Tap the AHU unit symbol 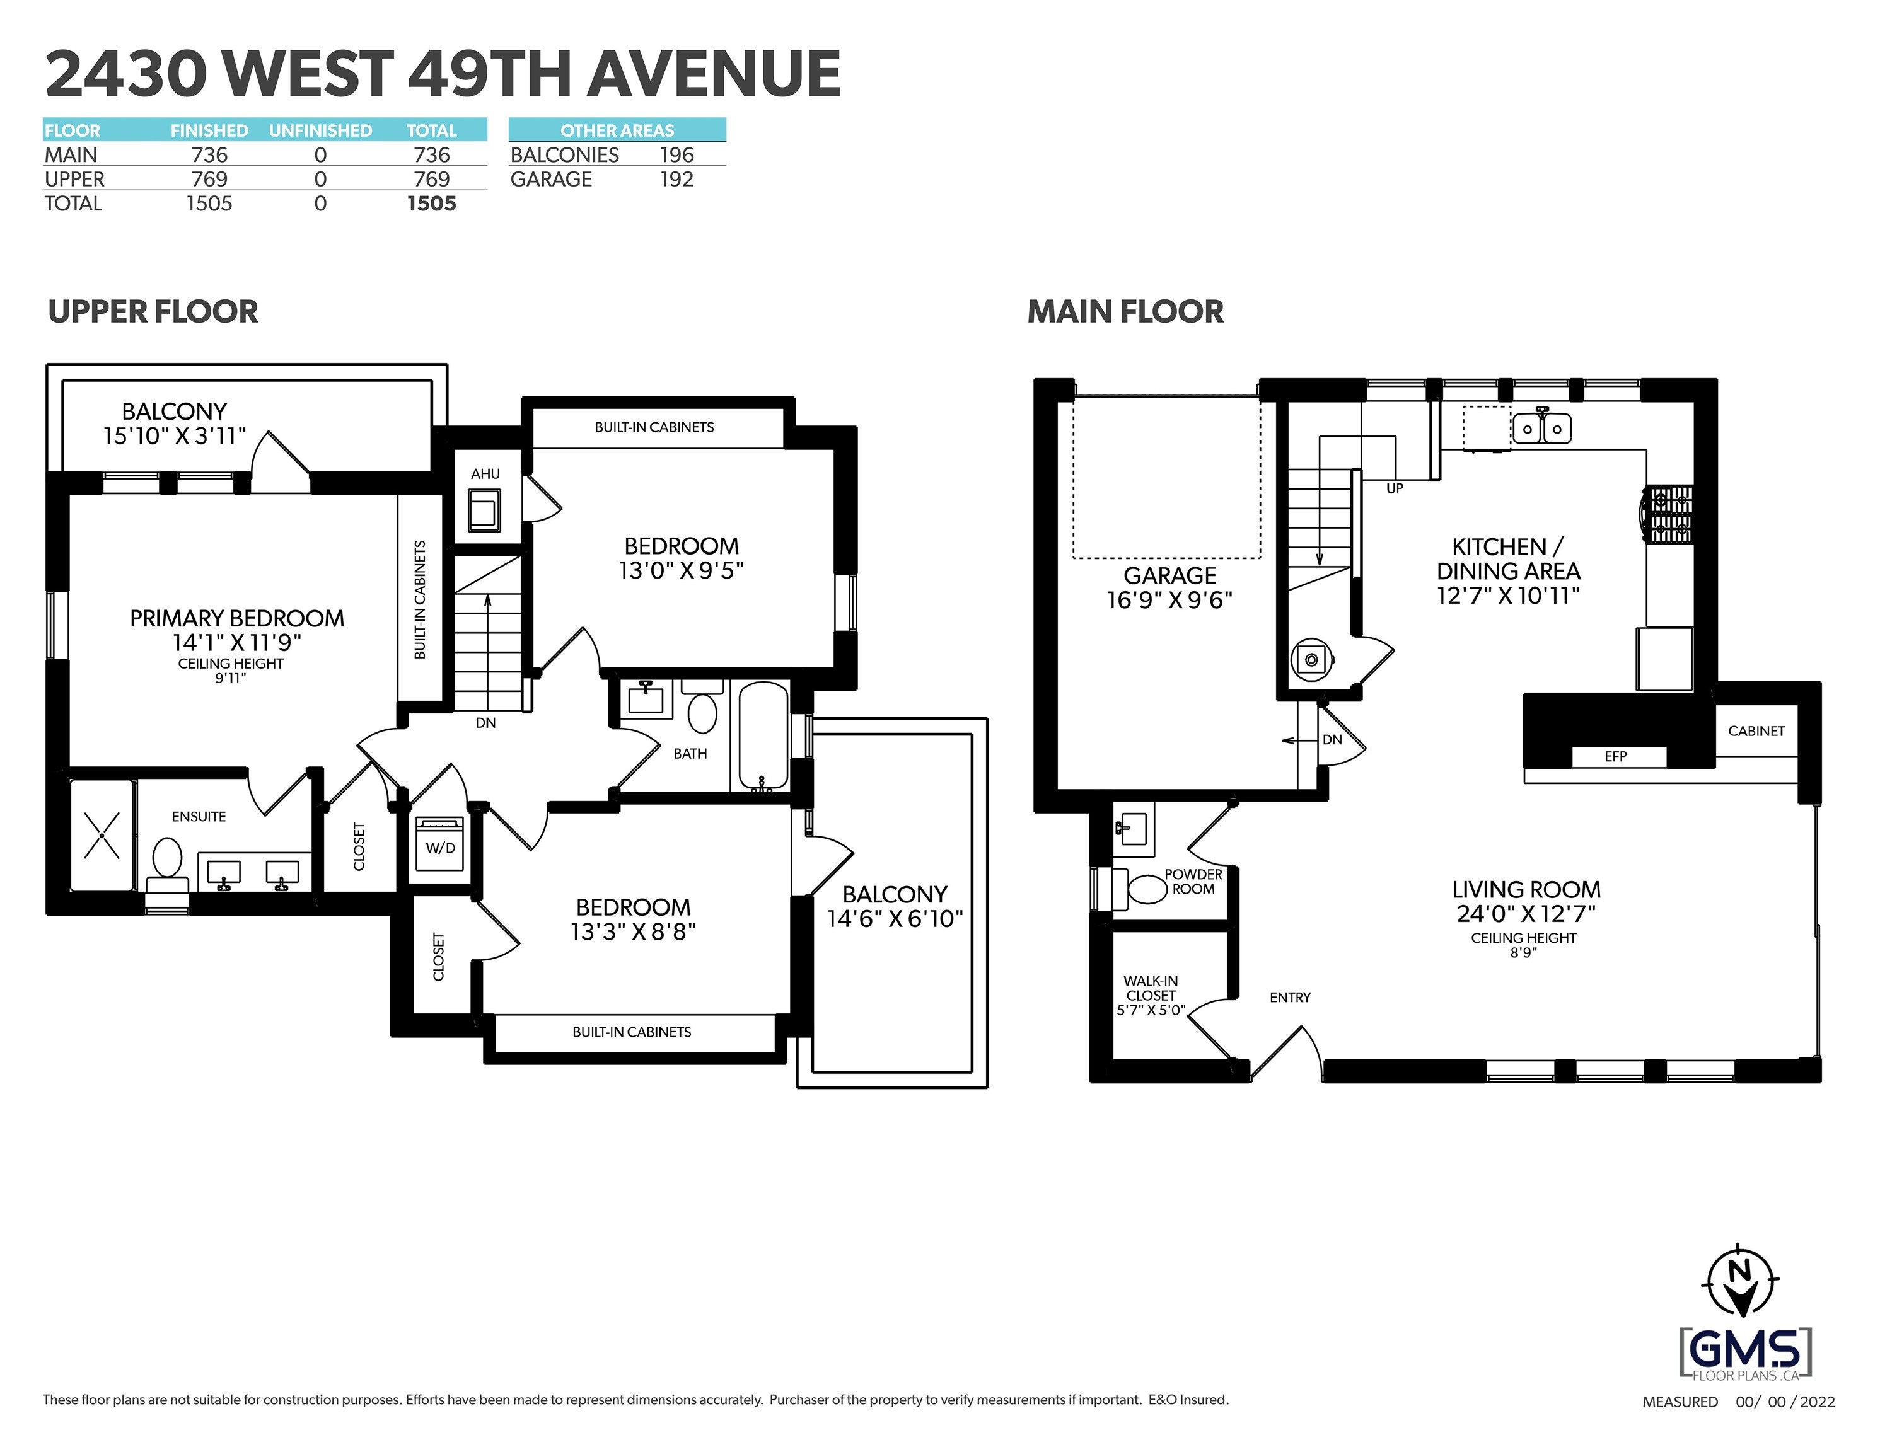click(484, 511)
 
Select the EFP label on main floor click(1615, 756)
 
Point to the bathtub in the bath click(763, 737)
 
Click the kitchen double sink click(1541, 428)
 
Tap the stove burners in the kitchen click(1669, 515)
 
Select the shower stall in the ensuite click(102, 836)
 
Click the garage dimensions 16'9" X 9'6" click(1169, 600)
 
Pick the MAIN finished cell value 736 click(209, 155)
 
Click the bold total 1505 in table click(431, 204)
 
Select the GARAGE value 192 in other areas click(676, 179)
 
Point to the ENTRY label click(1289, 998)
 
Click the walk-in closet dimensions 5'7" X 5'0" click(1150, 1010)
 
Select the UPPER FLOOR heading click(153, 311)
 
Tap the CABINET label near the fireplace click(1756, 731)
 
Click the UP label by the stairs click(1395, 488)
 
